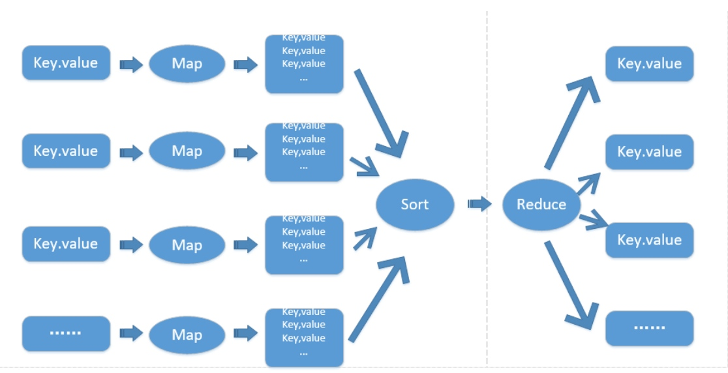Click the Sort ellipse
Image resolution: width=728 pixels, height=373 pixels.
tap(414, 204)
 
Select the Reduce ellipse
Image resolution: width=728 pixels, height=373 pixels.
tap(541, 204)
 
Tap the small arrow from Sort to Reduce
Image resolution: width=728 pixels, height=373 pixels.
tap(479, 204)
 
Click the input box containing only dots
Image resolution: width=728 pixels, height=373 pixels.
tap(66, 333)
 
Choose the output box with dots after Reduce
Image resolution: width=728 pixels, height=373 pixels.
tap(649, 328)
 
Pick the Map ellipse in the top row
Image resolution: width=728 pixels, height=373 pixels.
tap(187, 63)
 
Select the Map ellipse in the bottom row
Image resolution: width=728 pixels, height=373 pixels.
tap(187, 335)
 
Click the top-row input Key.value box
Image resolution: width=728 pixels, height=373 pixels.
tap(66, 63)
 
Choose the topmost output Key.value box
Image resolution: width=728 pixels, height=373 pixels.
tap(649, 64)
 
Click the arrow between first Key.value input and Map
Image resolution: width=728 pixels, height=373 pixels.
tap(131, 64)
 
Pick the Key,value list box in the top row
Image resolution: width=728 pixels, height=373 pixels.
tap(304, 64)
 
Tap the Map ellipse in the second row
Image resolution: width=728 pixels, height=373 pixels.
tap(187, 151)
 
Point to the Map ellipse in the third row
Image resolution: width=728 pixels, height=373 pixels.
tap(187, 245)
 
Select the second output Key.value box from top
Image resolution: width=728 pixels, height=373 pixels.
tap(649, 152)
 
